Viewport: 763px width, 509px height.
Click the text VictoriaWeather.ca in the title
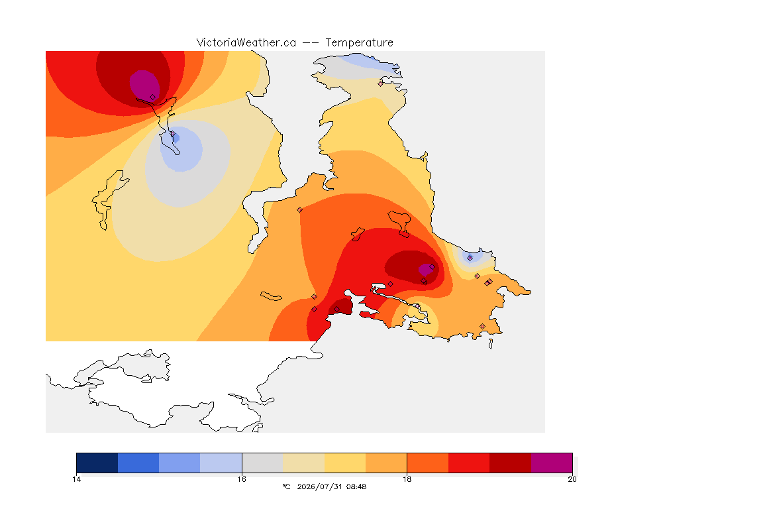(x=246, y=43)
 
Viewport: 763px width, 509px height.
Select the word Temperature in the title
(x=359, y=43)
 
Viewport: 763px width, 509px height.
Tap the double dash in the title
(x=311, y=43)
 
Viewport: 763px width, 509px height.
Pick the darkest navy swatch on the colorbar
(x=97, y=463)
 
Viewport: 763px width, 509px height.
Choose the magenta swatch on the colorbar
(x=551, y=463)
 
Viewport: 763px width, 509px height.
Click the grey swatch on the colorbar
(x=262, y=463)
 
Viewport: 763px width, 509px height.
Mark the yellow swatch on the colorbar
(x=345, y=463)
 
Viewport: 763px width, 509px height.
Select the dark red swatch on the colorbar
(x=510, y=463)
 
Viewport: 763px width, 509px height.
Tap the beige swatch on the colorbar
(x=303, y=463)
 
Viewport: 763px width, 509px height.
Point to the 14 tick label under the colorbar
(x=76, y=479)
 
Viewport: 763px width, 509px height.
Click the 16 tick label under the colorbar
(x=242, y=479)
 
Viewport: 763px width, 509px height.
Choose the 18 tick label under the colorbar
(x=407, y=479)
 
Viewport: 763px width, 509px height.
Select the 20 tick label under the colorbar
(x=572, y=479)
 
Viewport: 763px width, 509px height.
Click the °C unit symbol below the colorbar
(x=286, y=486)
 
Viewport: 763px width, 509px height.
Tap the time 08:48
(x=356, y=486)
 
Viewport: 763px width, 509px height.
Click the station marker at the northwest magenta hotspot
(x=153, y=97)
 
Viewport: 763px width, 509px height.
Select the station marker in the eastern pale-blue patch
(x=470, y=258)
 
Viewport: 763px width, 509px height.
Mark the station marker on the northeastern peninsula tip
(x=381, y=84)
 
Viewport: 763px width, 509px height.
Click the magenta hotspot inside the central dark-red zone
(x=426, y=269)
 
